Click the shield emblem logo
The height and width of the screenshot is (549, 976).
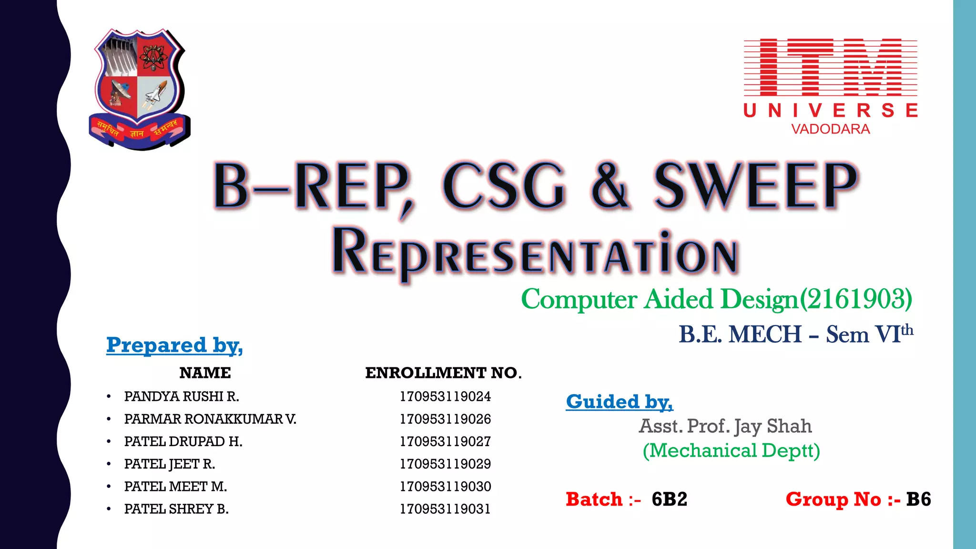tap(139, 88)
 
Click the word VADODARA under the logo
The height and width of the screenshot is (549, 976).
tap(830, 129)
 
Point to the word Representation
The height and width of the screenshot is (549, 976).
tap(535, 253)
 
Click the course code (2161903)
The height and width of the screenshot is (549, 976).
tap(856, 299)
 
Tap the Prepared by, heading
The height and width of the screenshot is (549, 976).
tap(174, 345)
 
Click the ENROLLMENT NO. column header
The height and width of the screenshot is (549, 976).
tap(443, 373)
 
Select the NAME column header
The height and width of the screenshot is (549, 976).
tap(205, 373)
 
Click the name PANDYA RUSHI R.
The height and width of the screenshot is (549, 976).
tap(182, 396)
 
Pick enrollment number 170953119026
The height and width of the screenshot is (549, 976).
tap(445, 419)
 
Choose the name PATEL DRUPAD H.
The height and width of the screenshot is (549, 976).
tap(183, 442)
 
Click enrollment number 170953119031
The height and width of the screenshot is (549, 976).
tap(445, 509)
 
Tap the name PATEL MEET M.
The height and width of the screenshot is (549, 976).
tap(175, 487)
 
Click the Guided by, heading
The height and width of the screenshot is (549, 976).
tap(619, 402)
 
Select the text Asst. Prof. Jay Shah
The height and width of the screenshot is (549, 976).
tap(725, 426)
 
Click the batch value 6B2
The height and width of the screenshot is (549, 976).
tap(670, 499)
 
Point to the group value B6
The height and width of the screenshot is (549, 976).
tap(918, 499)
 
